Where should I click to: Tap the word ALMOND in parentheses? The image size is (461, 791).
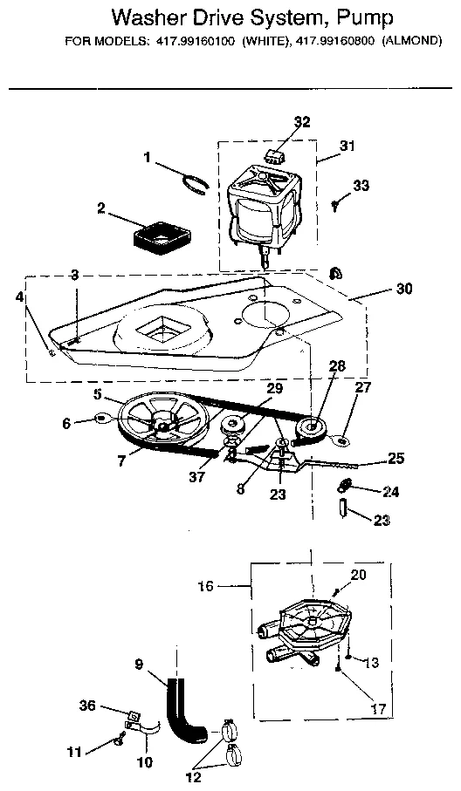pyautogui.click(x=407, y=41)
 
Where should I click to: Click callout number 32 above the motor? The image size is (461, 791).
pyautogui.click(x=301, y=121)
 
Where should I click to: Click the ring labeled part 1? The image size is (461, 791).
pyautogui.click(x=195, y=181)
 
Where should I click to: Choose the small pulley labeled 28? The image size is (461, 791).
pyautogui.click(x=310, y=429)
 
